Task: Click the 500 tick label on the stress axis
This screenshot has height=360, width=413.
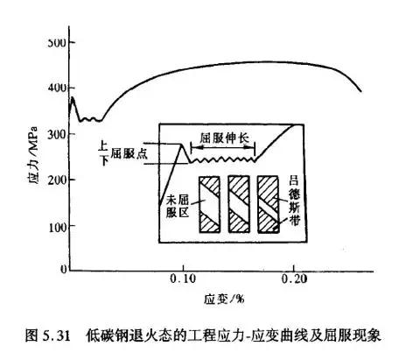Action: tap(58, 43)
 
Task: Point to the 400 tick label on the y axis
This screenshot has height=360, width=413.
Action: tap(58, 88)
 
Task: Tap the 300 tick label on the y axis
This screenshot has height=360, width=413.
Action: tap(58, 134)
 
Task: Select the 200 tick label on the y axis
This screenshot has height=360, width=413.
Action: tap(58, 180)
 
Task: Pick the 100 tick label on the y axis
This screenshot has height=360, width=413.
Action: tap(58, 227)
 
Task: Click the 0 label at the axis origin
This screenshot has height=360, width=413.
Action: tap(64, 269)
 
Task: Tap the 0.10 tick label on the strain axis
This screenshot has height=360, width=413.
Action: tap(183, 279)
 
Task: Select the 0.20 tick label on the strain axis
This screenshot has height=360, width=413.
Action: tap(294, 279)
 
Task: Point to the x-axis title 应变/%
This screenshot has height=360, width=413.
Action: tap(224, 300)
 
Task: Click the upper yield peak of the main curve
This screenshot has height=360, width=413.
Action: tap(73, 97)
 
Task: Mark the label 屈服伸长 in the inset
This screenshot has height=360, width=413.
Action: tap(224, 138)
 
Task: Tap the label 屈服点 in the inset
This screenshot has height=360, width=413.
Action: tap(129, 153)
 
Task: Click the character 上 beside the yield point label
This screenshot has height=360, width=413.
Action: tap(102, 145)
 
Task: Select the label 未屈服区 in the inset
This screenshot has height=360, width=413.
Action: tap(178, 207)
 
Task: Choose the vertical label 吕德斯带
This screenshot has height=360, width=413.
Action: tap(294, 201)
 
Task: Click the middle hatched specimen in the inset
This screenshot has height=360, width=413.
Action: tap(239, 204)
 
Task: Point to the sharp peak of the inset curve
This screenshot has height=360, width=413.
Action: tap(181, 144)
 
